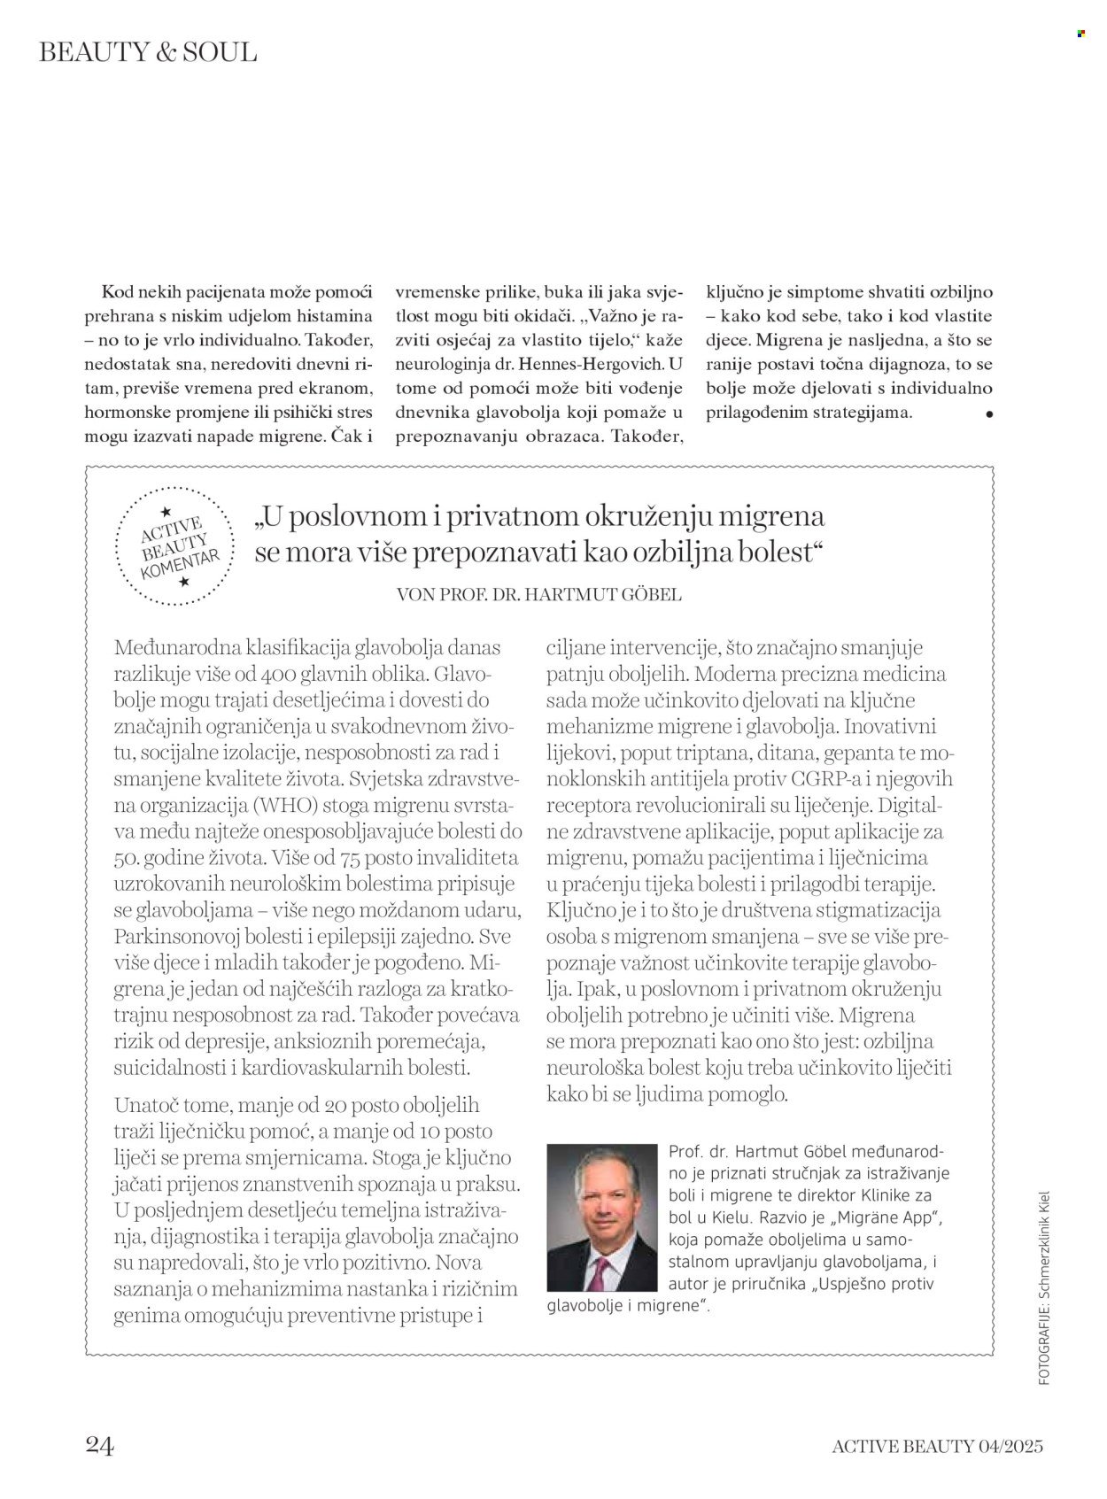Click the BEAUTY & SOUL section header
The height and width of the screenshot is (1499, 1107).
[148, 52]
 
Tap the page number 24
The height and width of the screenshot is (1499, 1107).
[100, 1446]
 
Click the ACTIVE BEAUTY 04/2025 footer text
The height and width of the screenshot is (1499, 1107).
[937, 1447]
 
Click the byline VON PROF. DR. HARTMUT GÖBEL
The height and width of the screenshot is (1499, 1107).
[540, 595]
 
